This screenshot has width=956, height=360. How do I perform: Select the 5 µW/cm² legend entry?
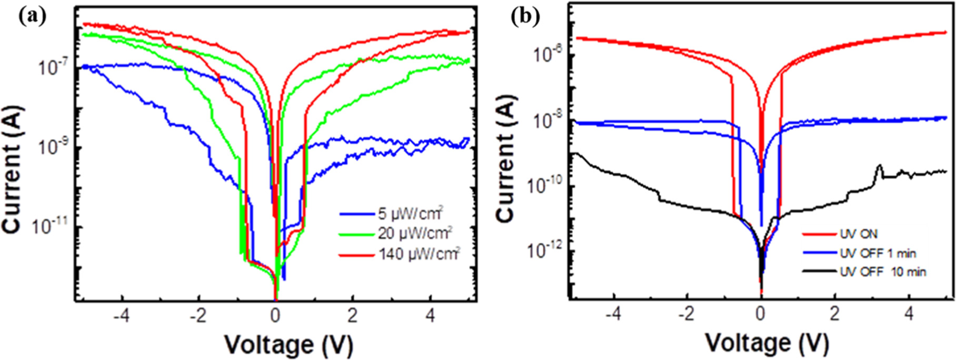click(410, 214)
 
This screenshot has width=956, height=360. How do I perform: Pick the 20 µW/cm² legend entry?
click(414, 233)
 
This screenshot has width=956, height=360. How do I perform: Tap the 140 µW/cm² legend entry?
click(419, 254)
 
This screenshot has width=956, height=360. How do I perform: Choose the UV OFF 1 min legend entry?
click(877, 253)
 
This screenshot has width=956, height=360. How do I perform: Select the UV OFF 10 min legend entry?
click(882, 272)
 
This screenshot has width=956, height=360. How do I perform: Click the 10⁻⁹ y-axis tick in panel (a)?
click(53, 147)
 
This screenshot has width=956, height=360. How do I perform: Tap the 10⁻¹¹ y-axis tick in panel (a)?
click(51, 227)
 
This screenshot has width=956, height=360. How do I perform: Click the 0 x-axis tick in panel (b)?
click(761, 315)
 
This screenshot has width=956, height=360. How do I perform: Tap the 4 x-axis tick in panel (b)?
click(909, 315)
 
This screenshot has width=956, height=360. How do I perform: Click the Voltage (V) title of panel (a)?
click(288, 345)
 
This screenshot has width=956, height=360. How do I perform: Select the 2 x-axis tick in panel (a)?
click(352, 317)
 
